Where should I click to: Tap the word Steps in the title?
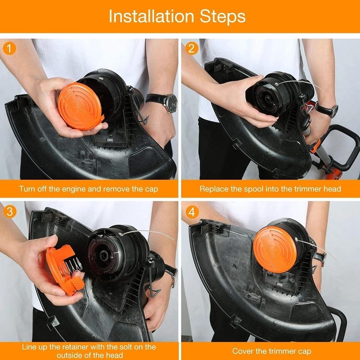222,16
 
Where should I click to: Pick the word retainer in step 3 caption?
73,347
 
